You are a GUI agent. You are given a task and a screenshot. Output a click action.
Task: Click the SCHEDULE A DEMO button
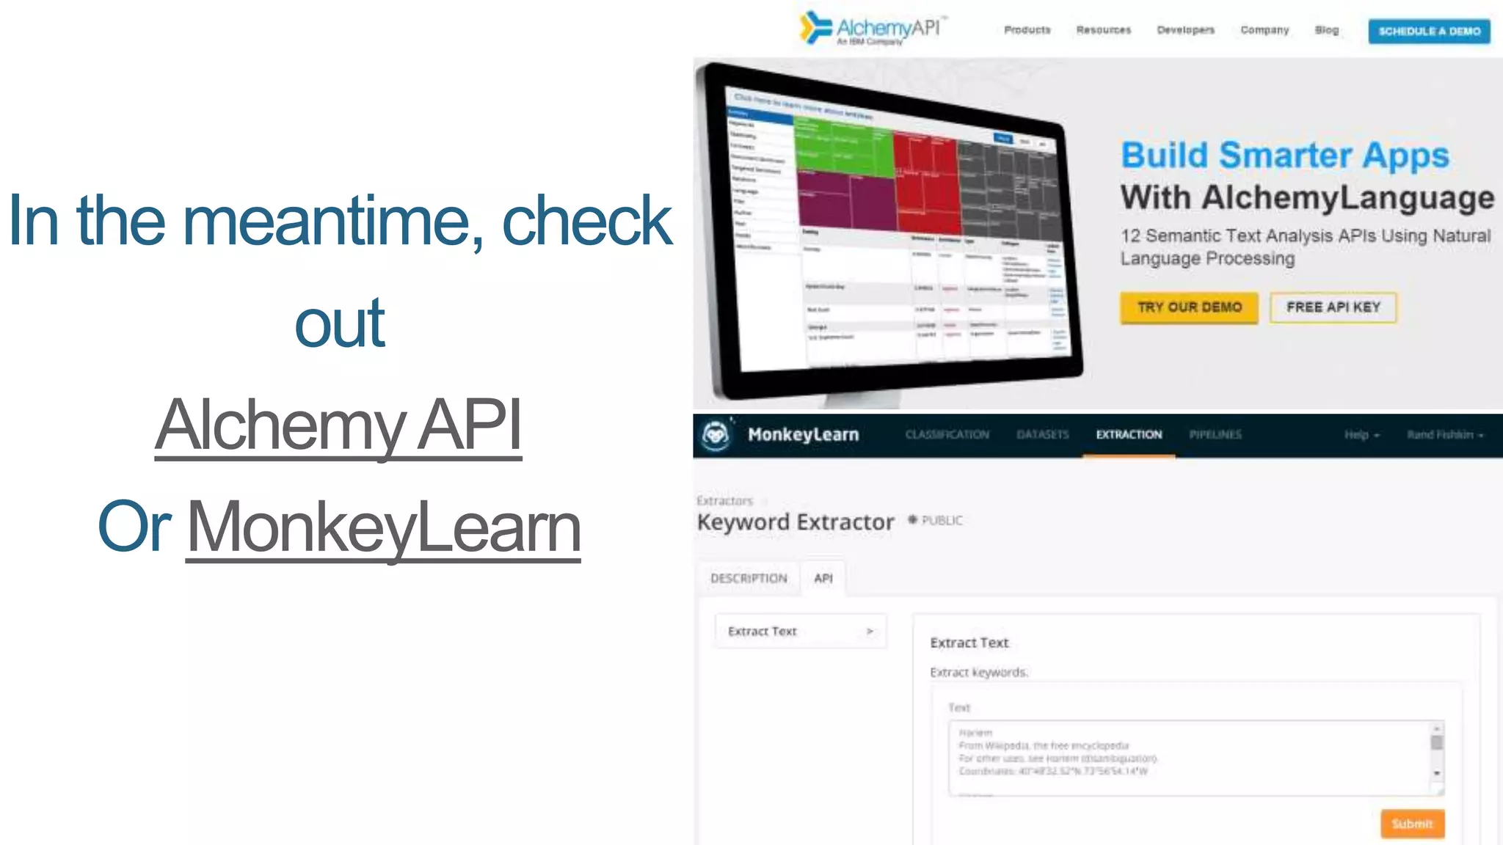click(1429, 32)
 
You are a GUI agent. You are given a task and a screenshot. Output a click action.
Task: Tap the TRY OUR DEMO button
click(1189, 307)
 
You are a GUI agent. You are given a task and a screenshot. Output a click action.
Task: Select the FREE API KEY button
click(1333, 307)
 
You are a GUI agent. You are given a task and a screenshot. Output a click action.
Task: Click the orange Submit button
click(1412, 823)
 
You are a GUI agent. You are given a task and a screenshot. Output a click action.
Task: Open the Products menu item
click(1027, 30)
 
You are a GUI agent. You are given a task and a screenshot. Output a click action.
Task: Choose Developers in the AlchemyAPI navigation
click(1185, 30)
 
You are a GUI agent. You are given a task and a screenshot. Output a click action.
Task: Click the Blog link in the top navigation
click(1326, 30)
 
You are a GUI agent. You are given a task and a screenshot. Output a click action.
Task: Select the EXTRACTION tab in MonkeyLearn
click(1129, 435)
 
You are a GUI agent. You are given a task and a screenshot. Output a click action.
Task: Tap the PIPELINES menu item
click(1215, 435)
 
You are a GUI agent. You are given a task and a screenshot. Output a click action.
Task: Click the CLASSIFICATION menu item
click(947, 435)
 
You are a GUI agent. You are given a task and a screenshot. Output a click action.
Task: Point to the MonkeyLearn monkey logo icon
click(716, 435)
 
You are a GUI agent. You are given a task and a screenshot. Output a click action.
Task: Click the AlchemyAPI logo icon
click(815, 28)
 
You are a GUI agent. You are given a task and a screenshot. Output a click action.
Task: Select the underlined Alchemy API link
click(338, 425)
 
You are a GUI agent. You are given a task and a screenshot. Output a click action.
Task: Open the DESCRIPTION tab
click(749, 578)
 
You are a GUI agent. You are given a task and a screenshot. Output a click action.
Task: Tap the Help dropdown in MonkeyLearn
click(1361, 435)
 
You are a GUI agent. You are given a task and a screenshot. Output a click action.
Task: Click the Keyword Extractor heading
click(796, 522)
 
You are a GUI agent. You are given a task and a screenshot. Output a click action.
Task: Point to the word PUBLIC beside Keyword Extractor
click(942, 521)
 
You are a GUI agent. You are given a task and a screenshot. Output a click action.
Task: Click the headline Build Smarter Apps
click(1284, 156)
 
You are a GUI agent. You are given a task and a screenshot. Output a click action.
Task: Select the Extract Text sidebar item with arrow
click(801, 632)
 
